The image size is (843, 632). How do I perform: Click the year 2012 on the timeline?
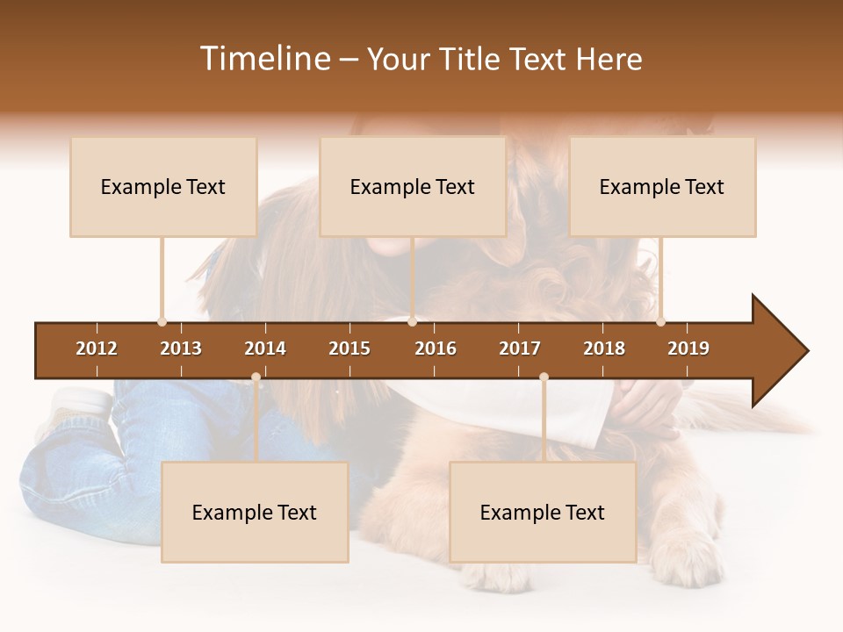pos(97,348)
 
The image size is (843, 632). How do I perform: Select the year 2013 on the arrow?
pos(181,348)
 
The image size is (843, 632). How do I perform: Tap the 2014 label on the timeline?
pos(265,348)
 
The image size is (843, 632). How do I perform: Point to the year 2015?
pos(349,348)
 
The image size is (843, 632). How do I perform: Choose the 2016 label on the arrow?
pos(436,348)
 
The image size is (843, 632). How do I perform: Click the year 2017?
pos(520,348)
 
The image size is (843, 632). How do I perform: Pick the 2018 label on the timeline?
pos(604,348)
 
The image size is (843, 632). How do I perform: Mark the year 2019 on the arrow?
pos(688,348)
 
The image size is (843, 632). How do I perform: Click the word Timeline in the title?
pos(263,59)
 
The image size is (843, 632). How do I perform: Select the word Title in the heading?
pos(470,59)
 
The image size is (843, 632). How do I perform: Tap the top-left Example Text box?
pos(163,187)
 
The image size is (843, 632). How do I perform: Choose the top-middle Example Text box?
pos(413,187)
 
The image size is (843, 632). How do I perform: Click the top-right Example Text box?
pos(662,187)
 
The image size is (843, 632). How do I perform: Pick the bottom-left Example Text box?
pos(255,513)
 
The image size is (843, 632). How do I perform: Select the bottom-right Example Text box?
pos(543,513)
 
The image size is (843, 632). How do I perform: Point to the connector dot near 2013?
pos(162,321)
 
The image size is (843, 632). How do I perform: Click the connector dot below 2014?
pos(256,377)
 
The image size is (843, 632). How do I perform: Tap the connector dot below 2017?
pos(544,377)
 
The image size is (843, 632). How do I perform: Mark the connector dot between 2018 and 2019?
pos(660,321)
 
